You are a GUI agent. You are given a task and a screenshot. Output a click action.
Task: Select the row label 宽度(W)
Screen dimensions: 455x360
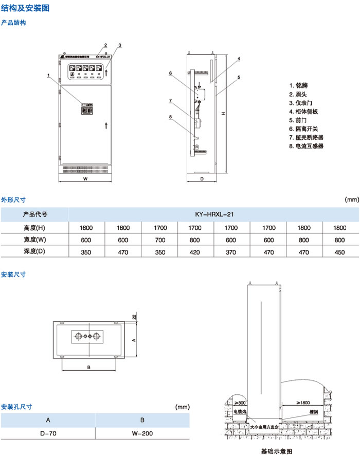pos(35,239)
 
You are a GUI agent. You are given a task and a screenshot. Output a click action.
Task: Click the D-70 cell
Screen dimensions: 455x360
pos(48,433)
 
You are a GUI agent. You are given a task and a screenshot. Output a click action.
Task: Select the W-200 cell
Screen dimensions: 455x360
pos(142,433)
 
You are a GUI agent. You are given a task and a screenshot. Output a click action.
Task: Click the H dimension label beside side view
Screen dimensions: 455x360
pos(222,113)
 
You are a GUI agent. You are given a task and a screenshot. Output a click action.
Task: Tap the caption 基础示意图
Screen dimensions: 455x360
pos(276,451)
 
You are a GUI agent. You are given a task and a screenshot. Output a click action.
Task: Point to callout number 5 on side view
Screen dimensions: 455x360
pos(239,77)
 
